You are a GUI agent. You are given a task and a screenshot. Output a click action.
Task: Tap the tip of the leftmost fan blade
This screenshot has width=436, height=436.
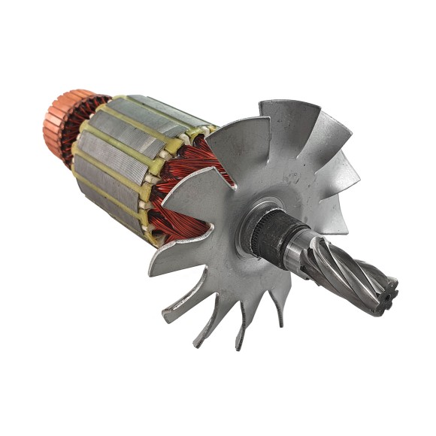[x=154, y=267]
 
